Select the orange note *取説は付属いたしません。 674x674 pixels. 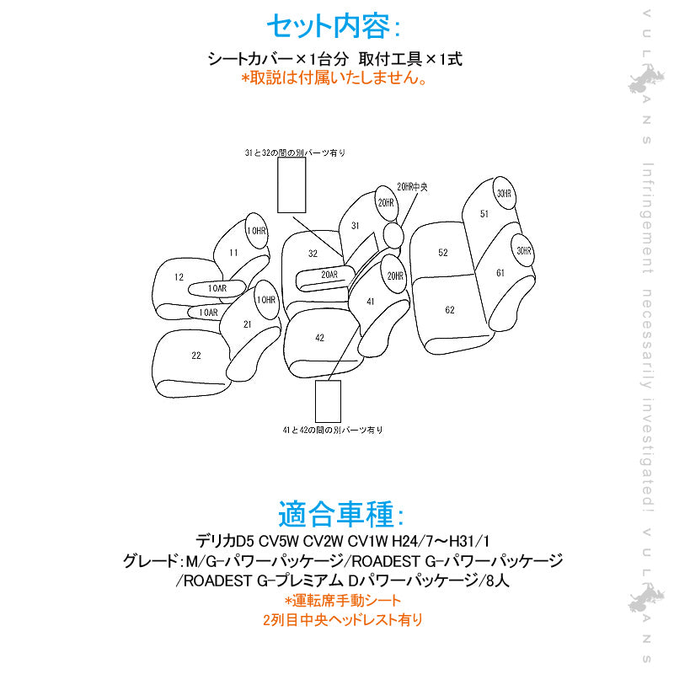click(335, 78)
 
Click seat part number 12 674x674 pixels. click(179, 276)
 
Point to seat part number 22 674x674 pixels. click(195, 356)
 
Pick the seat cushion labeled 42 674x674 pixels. click(319, 337)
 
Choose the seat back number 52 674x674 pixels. click(443, 252)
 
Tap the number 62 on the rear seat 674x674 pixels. click(450, 310)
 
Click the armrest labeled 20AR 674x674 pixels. click(329, 275)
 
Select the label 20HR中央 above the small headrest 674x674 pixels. click(412, 186)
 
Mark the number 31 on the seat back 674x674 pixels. click(356, 226)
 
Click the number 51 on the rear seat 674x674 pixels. click(484, 214)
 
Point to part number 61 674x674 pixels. click(500, 271)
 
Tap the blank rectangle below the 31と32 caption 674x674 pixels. click(292, 185)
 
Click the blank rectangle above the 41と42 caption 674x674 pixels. click(328, 401)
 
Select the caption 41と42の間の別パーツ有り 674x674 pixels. click(333, 430)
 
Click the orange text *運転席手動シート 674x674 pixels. click(342, 601)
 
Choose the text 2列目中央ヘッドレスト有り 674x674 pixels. click(342, 620)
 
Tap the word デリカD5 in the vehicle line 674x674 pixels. click(223, 539)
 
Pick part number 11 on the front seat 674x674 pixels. click(233, 252)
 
